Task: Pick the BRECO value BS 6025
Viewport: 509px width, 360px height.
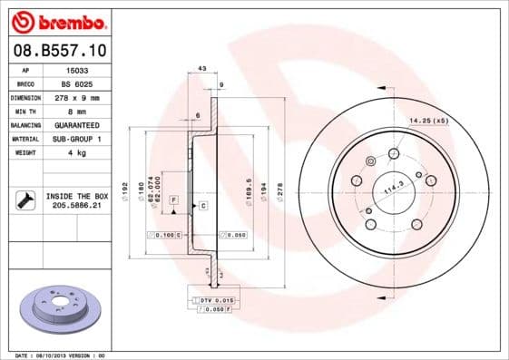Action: coord(76,83)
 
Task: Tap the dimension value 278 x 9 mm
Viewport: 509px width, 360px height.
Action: coord(76,97)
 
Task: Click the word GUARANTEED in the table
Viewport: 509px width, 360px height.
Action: coord(76,125)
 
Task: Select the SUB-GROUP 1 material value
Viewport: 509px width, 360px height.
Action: coord(76,139)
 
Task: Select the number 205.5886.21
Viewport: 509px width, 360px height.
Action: coord(77,206)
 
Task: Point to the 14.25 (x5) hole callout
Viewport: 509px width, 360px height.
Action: coord(428,121)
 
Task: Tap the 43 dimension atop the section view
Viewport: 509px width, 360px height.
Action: coord(202,69)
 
